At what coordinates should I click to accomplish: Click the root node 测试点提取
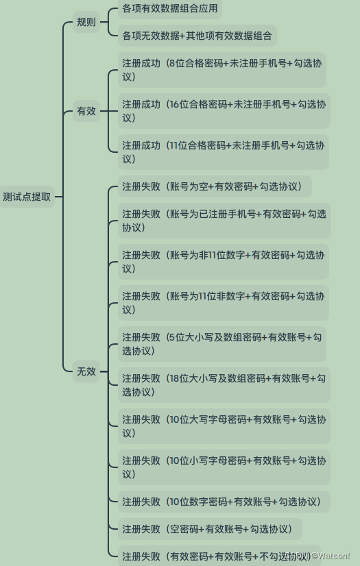[x=27, y=197]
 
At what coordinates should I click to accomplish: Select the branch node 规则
[x=86, y=22]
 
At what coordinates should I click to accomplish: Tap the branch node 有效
[x=86, y=111]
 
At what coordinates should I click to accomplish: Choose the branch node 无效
[x=86, y=371]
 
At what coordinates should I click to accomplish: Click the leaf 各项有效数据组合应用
[x=169, y=8]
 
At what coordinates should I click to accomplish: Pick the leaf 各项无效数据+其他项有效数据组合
[x=197, y=36]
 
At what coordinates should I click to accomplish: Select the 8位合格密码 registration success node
[x=222, y=70]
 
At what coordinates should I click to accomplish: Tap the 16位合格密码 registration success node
[x=224, y=111]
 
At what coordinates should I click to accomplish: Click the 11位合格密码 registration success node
[x=223, y=152]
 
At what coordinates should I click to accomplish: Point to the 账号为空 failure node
[x=215, y=186]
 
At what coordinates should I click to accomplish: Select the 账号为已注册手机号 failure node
[x=224, y=221]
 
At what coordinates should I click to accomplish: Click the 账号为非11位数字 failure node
[x=223, y=262]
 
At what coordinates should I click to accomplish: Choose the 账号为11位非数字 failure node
[x=223, y=303]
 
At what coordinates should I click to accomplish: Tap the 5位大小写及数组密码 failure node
[x=222, y=344]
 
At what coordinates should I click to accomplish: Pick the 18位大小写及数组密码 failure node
[x=224, y=385]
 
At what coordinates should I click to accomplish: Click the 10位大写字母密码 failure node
[x=224, y=426]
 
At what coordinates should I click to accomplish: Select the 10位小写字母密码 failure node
[x=224, y=467]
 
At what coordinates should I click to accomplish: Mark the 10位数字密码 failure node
[x=224, y=502]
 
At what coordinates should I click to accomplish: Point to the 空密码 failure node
[x=210, y=529]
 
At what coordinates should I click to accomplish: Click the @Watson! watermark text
[x=331, y=556]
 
